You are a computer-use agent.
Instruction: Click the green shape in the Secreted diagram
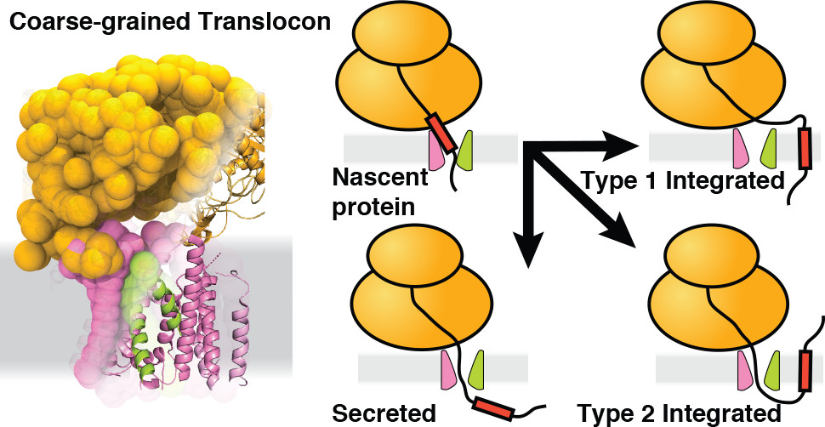coord(480,369)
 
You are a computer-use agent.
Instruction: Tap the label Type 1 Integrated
coord(682,180)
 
